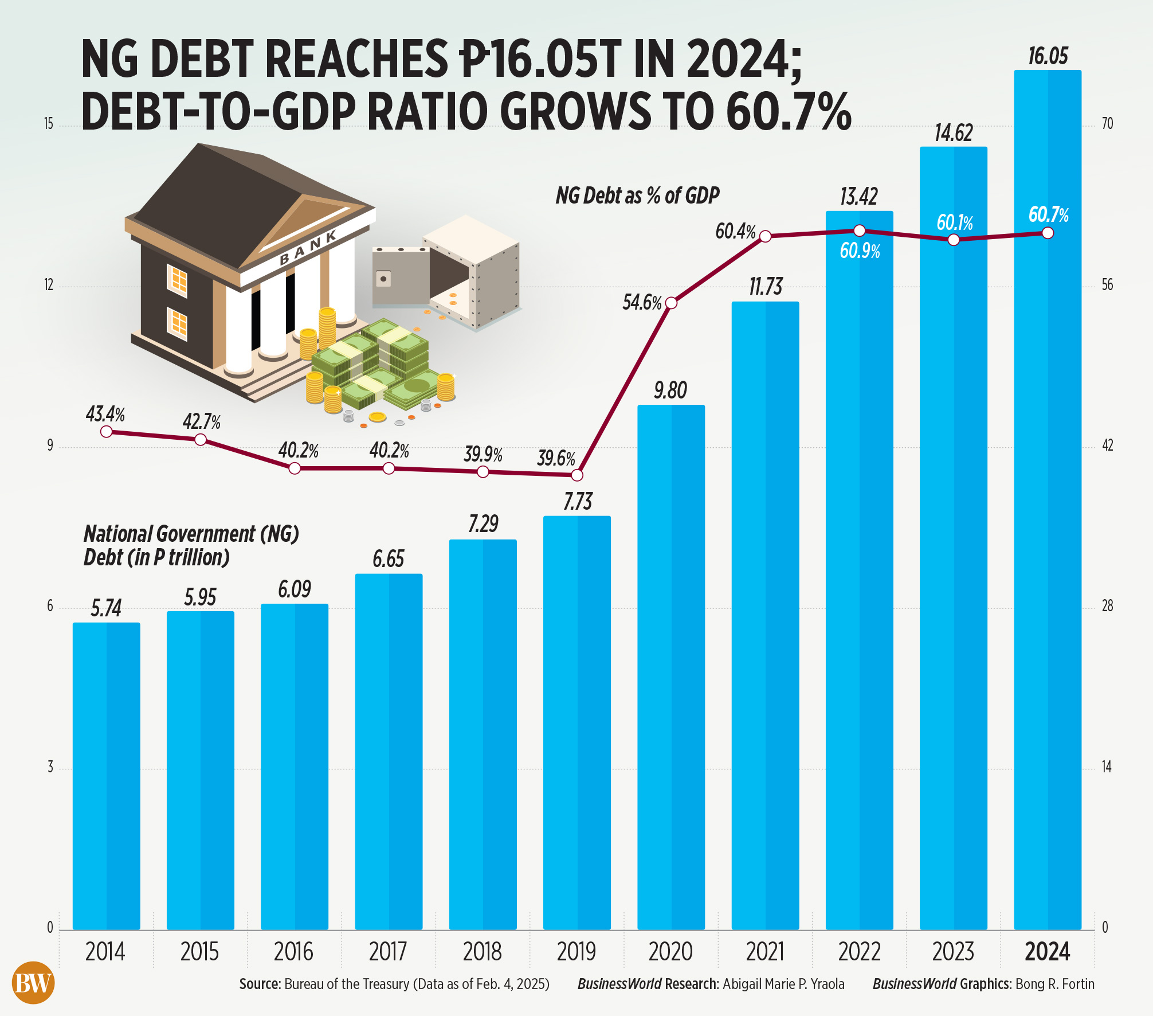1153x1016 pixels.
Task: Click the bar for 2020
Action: [x=671, y=665]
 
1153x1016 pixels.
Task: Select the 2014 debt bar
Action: [x=106, y=774]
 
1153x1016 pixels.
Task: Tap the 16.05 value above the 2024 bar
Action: [x=1048, y=56]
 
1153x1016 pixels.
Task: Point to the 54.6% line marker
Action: [x=672, y=303]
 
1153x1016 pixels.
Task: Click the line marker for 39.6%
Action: [x=578, y=475]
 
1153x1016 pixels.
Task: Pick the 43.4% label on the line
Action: [x=105, y=413]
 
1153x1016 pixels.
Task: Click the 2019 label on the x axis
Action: [x=576, y=952]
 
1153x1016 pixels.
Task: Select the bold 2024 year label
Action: [x=1047, y=952]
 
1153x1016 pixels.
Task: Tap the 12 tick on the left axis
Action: [x=49, y=285]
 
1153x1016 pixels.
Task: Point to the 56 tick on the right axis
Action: [x=1107, y=285]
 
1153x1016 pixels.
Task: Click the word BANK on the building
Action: [x=308, y=248]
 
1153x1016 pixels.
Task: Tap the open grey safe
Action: [x=446, y=272]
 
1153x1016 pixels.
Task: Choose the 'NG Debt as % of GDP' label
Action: [x=637, y=196]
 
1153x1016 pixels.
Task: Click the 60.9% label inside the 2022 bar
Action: [x=860, y=251]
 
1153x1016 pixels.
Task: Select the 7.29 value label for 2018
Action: [x=483, y=523]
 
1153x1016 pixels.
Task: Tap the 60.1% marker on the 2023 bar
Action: [x=954, y=240]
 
